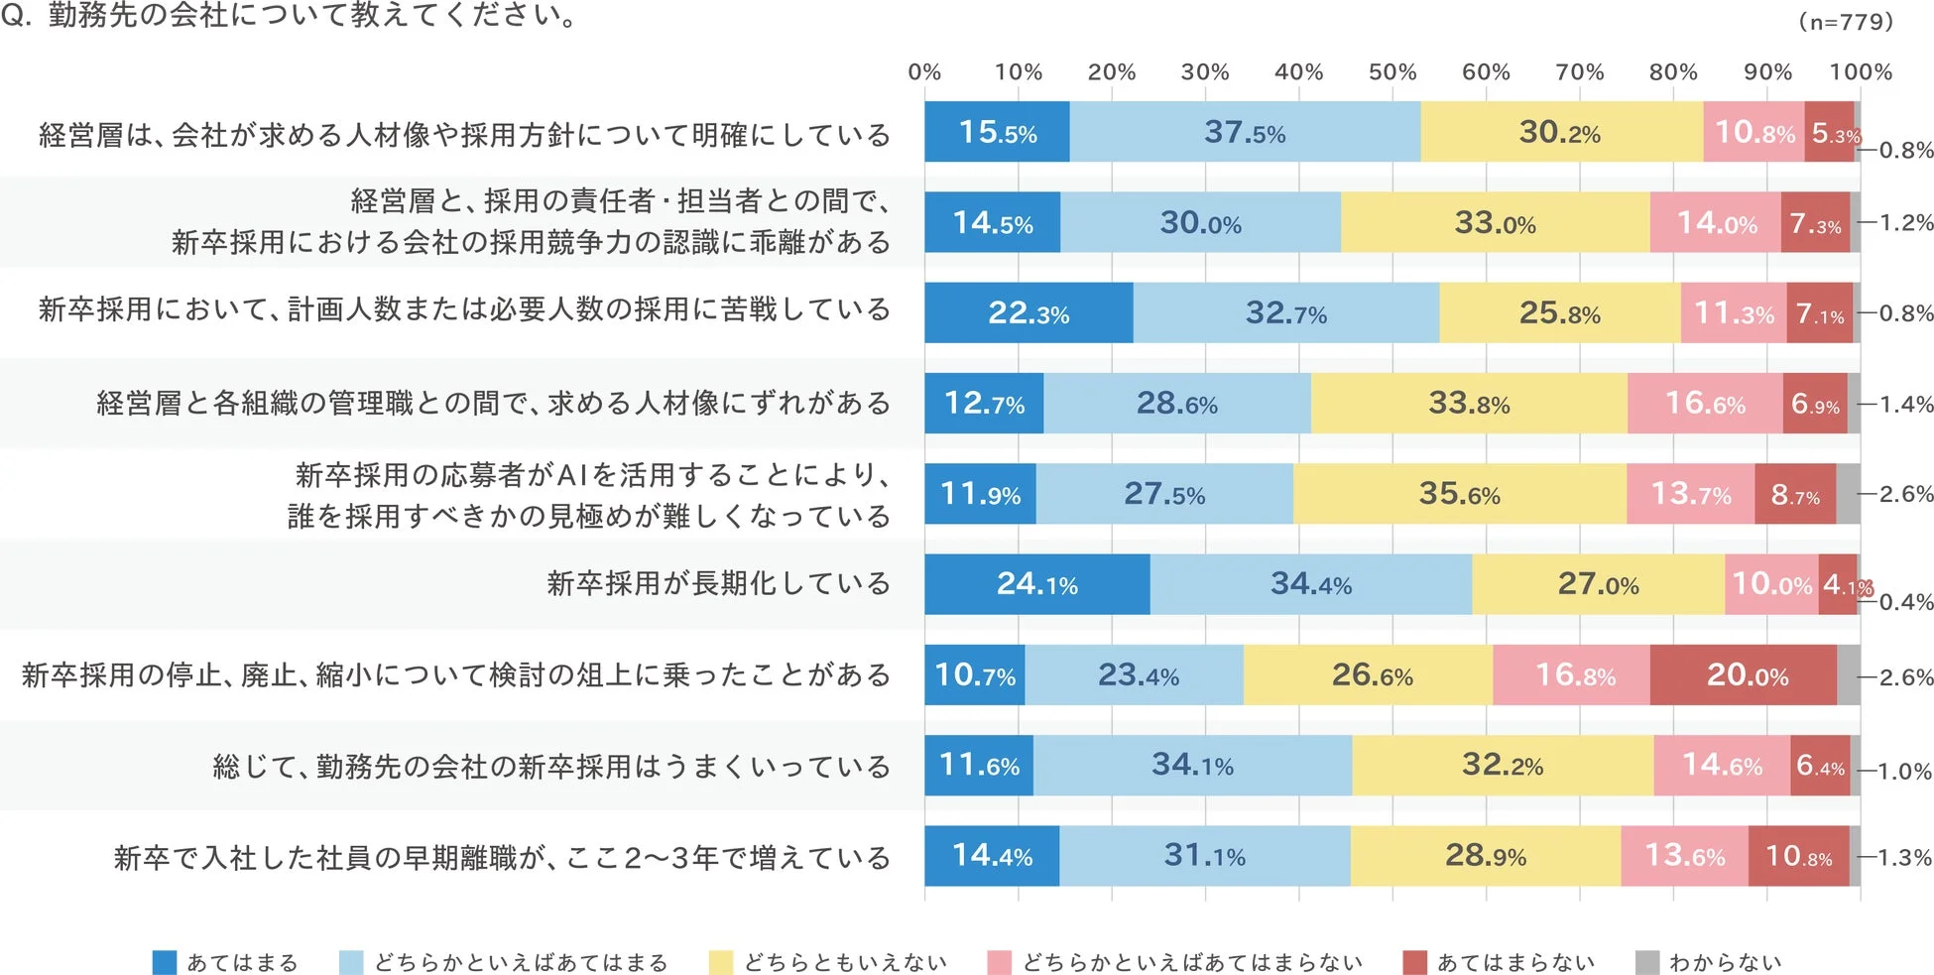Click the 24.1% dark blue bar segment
(x=1036, y=584)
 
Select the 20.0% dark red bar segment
(x=1744, y=675)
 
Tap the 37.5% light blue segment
(x=1244, y=132)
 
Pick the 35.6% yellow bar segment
(x=1458, y=494)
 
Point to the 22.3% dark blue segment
(x=1027, y=313)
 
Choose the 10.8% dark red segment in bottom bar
(x=1797, y=856)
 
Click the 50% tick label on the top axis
(x=1391, y=72)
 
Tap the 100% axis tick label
(x=1860, y=72)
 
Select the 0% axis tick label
(x=924, y=72)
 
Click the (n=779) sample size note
(x=1845, y=22)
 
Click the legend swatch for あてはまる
(x=164, y=962)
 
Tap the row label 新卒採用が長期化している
(x=718, y=583)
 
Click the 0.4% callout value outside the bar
(x=1905, y=602)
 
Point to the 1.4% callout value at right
(x=1905, y=404)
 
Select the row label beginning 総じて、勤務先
(x=551, y=766)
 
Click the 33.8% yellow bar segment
(x=1468, y=404)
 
